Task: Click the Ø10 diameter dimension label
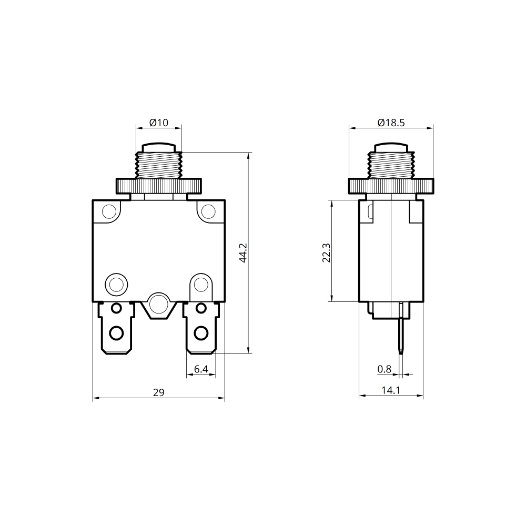click(x=159, y=123)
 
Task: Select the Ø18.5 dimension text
click(x=391, y=123)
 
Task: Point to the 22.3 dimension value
click(x=327, y=253)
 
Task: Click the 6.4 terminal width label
click(x=201, y=369)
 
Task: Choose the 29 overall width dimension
click(x=159, y=392)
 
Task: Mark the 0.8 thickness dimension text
click(x=384, y=369)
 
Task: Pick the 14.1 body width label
click(x=391, y=390)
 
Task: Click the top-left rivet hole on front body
click(x=109, y=211)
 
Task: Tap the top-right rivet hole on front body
click(x=208, y=211)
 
